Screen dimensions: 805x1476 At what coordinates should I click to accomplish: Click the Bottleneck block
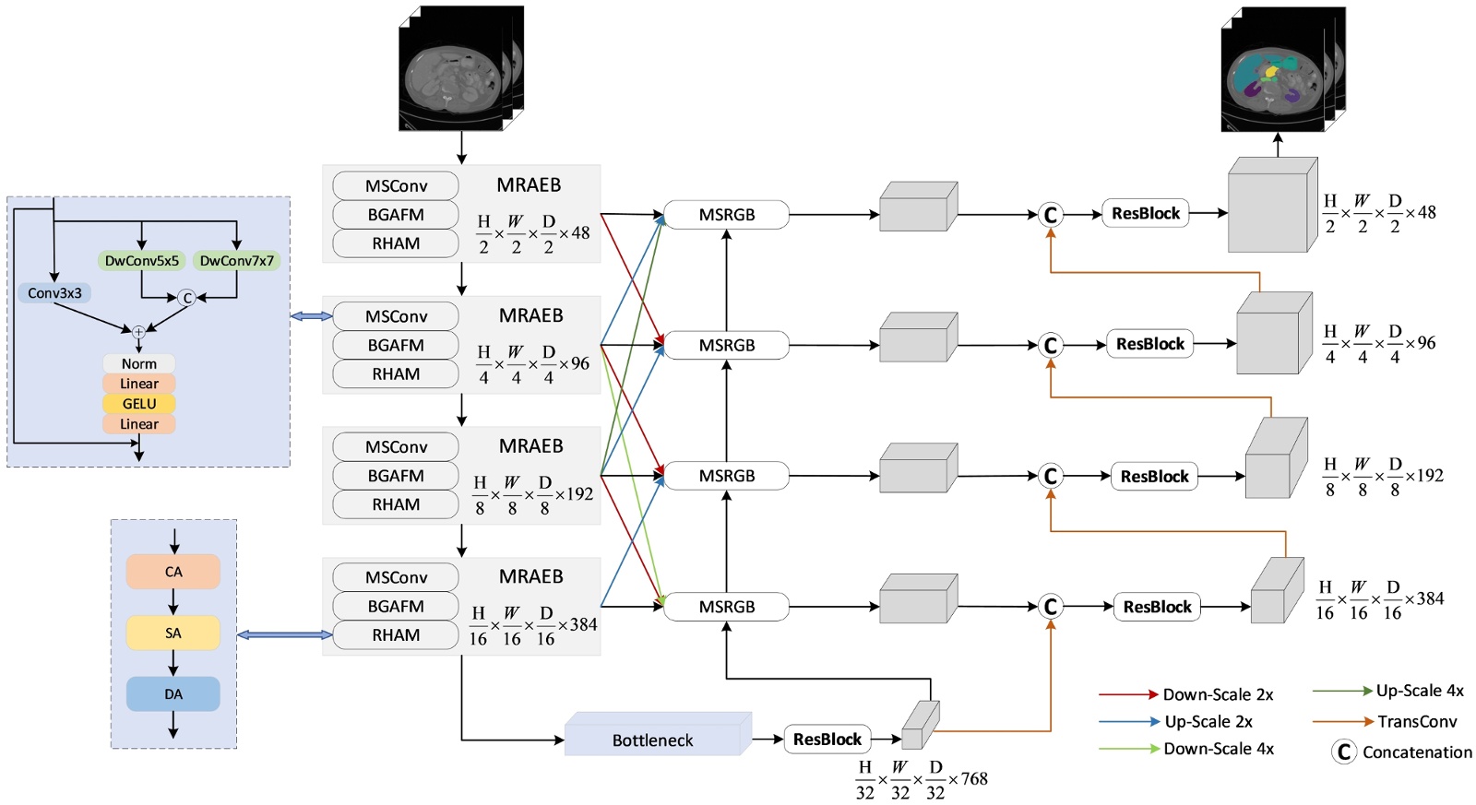click(x=652, y=740)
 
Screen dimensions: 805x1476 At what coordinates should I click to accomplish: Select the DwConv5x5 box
click(x=141, y=261)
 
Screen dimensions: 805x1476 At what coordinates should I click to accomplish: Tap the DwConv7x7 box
click(x=236, y=261)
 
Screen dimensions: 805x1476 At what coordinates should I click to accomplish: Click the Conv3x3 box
click(x=54, y=293)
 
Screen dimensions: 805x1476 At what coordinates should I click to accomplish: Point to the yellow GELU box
click(x=138, y=404)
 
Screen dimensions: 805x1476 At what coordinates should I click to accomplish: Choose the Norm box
click(x=138, y=364)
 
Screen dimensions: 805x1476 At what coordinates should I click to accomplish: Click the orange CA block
click(x=173, y=572)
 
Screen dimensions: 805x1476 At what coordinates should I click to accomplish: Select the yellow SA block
click(x=173, y=633)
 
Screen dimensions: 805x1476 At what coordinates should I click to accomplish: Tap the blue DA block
click(x=173, y=694)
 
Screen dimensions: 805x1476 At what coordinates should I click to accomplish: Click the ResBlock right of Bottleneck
click(x=827, y=740)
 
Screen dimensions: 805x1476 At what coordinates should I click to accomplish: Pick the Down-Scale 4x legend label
click(x=1218, y=749)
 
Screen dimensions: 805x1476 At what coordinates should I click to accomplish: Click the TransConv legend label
click(x=1417, y=722)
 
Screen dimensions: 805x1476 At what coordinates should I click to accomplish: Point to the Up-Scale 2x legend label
click(x=1208, y=722)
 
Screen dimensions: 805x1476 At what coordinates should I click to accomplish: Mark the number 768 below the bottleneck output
click(x=974, y=779)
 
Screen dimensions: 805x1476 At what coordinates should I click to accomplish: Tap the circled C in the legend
click(x=1344, y=752)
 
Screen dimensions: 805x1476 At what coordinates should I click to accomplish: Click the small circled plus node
click(x=138, y=332)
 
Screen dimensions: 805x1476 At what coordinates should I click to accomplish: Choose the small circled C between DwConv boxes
click(x=186, y=298)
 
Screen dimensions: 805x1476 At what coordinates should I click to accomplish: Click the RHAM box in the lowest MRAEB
click(x=396, y=635)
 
